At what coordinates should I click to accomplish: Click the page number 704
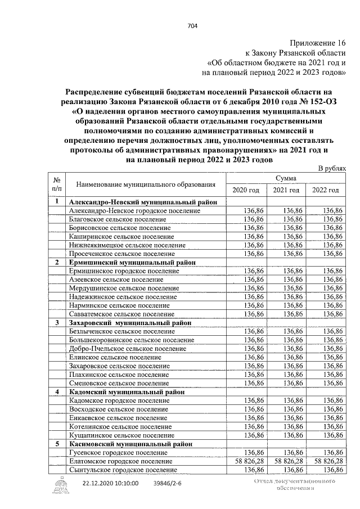[191, 25]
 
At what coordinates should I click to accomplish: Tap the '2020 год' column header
[246, 190]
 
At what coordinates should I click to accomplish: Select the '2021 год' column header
[286, 190]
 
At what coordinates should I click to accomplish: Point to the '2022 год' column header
[326, 190]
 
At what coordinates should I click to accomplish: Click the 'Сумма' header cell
[286, 178]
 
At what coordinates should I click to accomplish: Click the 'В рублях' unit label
[332, 169]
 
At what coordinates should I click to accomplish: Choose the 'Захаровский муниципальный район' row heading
[129, 323]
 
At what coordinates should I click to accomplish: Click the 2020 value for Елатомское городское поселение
[246, 461]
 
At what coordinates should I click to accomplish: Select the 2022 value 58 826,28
[326, 461]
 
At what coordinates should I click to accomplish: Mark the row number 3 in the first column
[57, 323]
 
